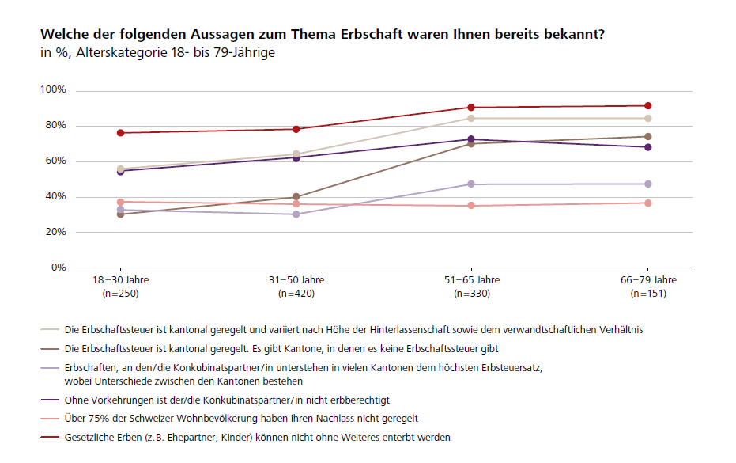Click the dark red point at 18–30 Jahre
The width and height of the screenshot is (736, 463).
point(120,133)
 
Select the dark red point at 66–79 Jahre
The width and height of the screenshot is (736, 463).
point(647,106)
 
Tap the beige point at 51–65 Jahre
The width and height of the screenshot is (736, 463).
point(471,119)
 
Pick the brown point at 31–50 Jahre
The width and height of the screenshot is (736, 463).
point(296,196)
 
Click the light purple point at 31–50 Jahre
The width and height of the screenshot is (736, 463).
point(296,214)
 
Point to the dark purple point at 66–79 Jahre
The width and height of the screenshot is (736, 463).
point(647,147)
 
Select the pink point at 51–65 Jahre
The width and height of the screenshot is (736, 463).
point(471,206)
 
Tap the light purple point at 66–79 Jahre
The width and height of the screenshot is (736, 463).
point(647,184)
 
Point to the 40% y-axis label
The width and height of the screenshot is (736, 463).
point(56,197)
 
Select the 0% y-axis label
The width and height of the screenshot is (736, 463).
point(59,268)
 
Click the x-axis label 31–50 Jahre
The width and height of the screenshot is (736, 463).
point(296,280)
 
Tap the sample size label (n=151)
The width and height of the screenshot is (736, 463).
point(648,294)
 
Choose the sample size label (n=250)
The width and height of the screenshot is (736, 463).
point(120,294)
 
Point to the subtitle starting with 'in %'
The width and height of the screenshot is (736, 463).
point(158,54)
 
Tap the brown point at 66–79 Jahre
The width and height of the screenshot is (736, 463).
point(647,137)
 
